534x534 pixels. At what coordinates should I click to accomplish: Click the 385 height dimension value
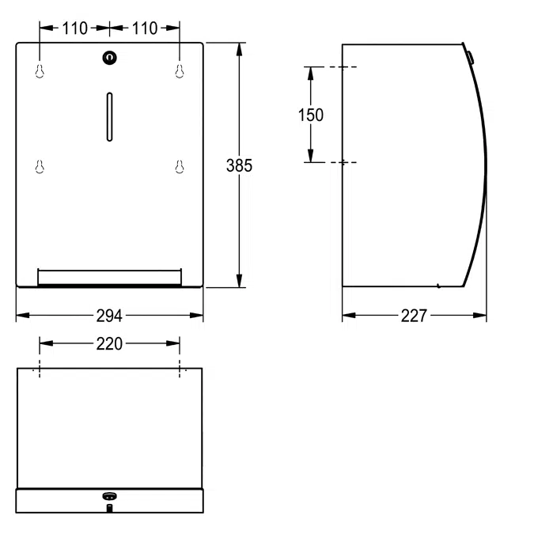pos(239,165)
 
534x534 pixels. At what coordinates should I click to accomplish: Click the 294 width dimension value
pos(109,316)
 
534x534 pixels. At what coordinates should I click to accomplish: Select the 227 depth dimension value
pos(414,316)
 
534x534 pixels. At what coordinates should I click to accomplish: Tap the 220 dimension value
pos(109,343)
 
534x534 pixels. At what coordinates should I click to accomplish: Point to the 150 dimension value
pos(310,115)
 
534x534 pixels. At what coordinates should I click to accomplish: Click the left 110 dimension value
pos(75,28)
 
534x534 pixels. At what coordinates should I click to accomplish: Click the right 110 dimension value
pos(145,28)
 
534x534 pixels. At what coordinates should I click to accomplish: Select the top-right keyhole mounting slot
pos(180,71)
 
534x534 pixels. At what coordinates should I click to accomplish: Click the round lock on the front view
pos(109,57)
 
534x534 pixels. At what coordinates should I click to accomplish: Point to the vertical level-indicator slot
pos(109,116)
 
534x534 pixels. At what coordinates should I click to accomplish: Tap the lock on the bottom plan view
pos(109,496)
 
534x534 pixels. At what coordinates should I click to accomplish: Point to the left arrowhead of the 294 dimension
pos(21,316)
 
